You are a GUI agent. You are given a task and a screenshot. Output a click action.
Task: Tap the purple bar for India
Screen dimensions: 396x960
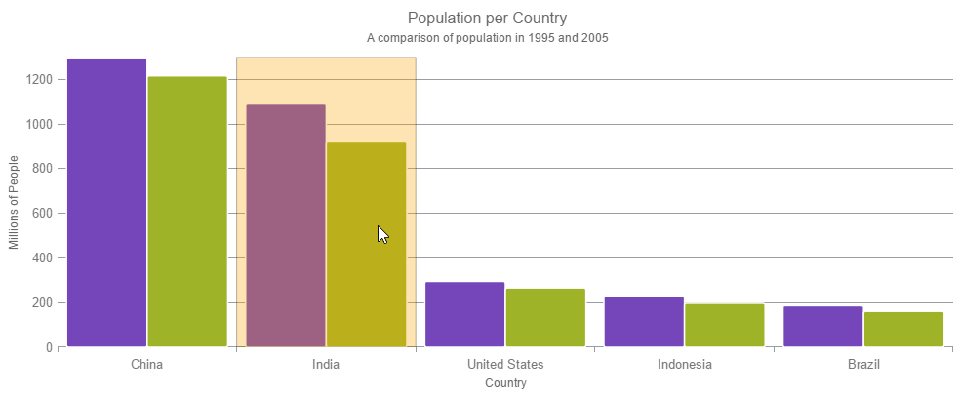tap(286, 225)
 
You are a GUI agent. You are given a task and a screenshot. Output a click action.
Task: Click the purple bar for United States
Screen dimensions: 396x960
tap(465, 314)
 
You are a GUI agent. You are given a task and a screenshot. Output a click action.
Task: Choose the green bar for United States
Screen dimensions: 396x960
tap(545, 317)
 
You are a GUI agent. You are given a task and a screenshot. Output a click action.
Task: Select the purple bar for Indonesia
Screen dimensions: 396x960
tap(644, 322)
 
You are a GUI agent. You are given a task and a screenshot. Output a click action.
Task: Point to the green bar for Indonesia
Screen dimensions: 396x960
tap(724, 325)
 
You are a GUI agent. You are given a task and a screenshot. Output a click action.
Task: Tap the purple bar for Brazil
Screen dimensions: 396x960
tap(823, 327)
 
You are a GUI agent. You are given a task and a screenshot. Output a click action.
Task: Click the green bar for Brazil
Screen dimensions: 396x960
tap(903, 329)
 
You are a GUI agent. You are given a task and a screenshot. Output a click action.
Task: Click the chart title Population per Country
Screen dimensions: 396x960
tap(487, 19)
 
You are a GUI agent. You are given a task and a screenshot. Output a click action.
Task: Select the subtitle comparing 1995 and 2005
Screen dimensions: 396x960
tap(495, 38)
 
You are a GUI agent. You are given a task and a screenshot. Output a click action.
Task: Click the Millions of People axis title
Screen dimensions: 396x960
tap(14, 202)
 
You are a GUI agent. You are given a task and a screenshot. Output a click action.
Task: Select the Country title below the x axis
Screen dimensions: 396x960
tap(505, 383)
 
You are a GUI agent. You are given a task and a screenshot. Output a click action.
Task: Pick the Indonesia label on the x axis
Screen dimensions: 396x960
tap(684, 365)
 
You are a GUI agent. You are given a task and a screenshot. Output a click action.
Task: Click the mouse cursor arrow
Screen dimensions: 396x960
tap(382, 234)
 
